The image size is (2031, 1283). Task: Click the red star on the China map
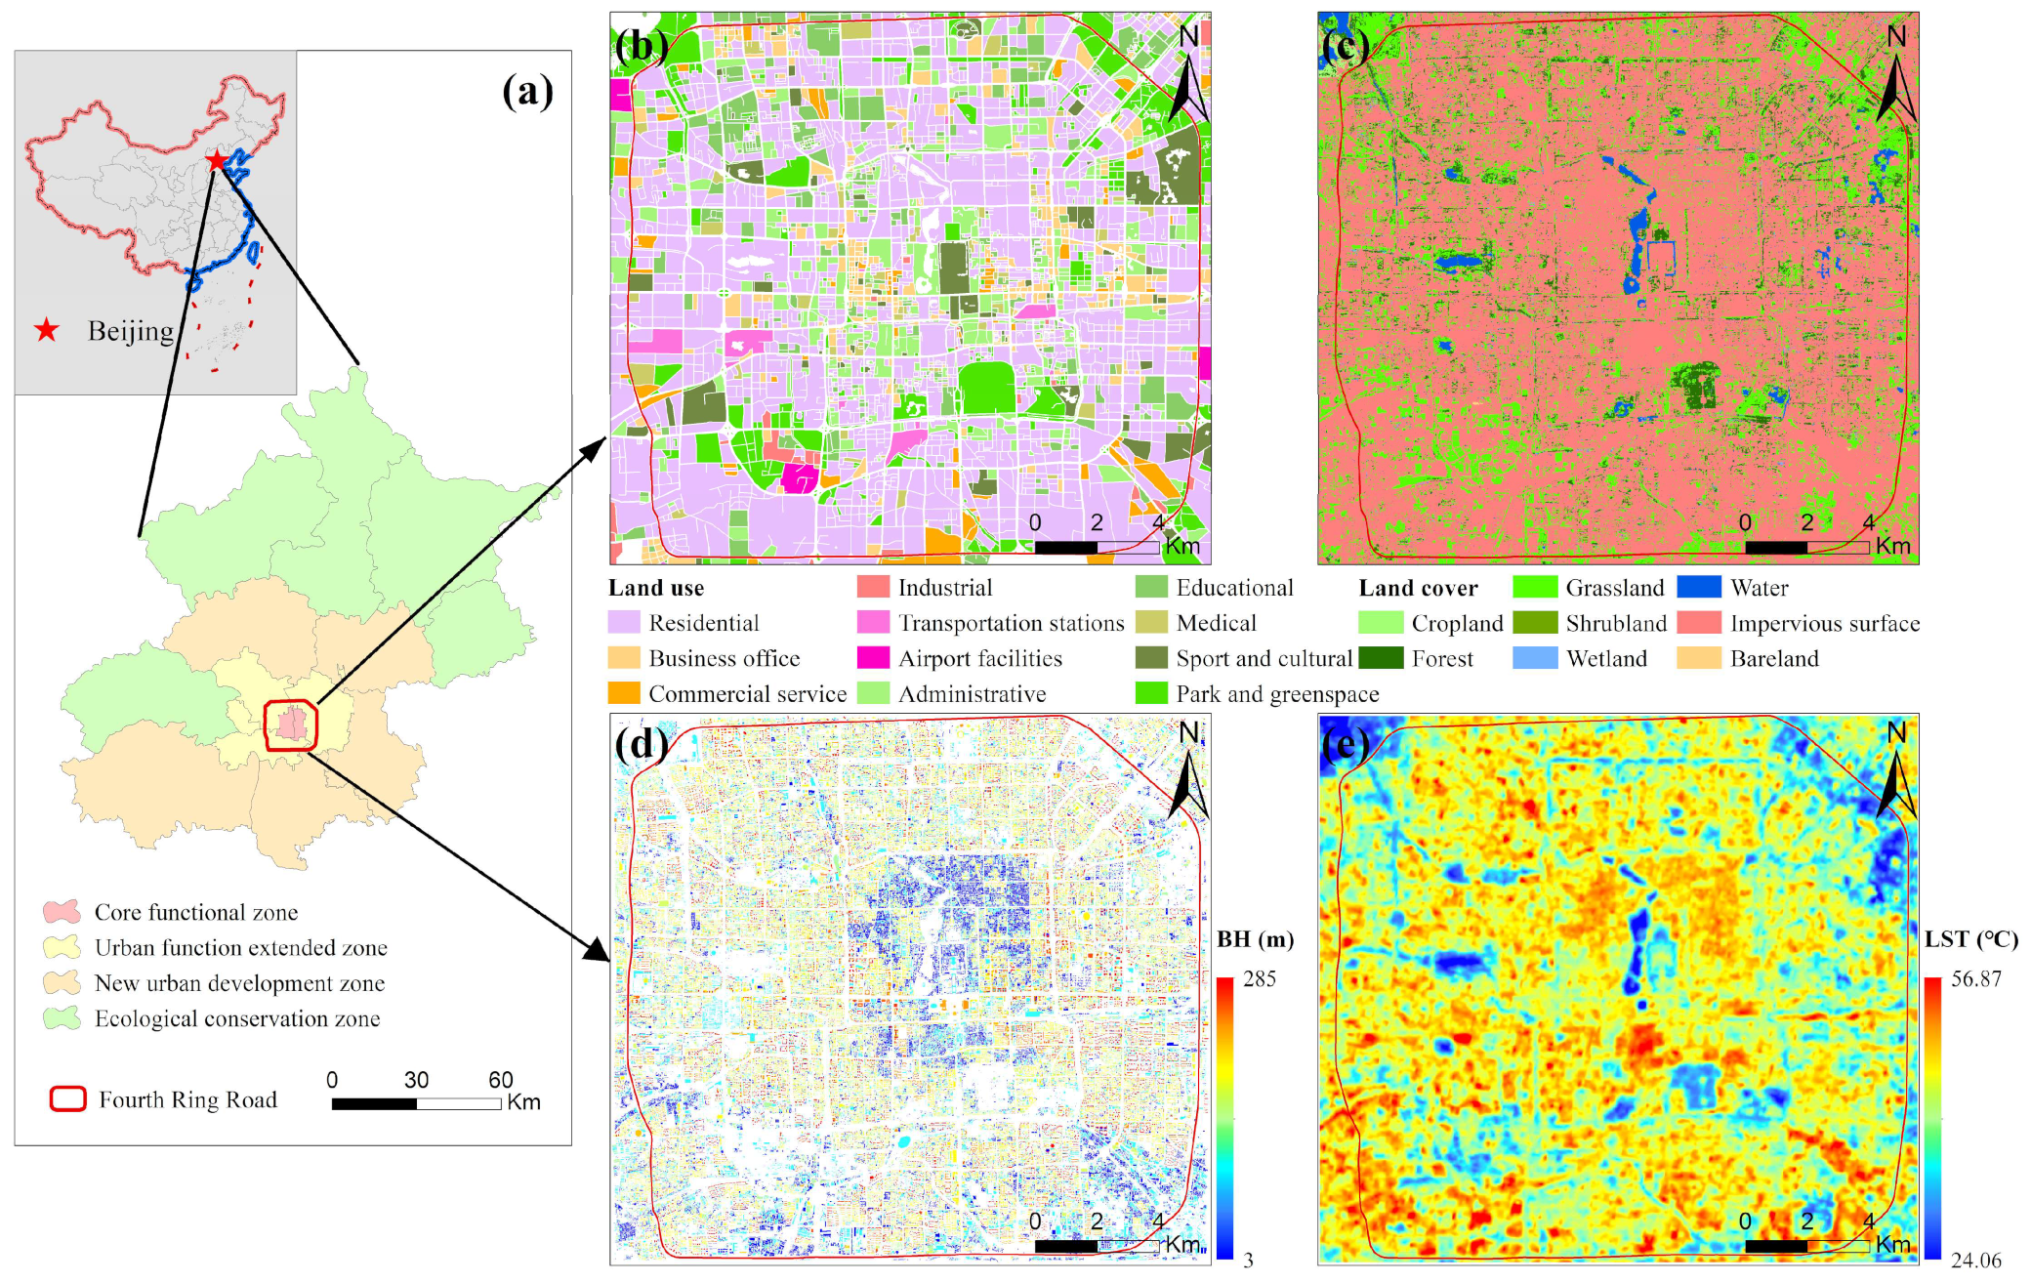(216, 160)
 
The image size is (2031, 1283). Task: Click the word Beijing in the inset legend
(131, 331)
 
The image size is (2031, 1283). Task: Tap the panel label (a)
(527, 92)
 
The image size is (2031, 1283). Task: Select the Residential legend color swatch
(624, 623)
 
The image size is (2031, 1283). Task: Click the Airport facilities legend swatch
(873, 658)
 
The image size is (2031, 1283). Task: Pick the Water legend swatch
(1698, 588)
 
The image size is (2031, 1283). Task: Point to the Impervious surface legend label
(1824, 623)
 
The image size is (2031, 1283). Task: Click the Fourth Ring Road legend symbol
(68, 1099)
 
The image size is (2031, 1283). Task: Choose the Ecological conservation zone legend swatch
(62, 1018)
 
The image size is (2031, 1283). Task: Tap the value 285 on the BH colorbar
(1260, 978)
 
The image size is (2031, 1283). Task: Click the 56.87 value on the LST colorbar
(1975, 978)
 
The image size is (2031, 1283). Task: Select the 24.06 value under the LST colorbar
(1975, 1261)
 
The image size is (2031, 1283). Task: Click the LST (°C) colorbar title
(1970, 939)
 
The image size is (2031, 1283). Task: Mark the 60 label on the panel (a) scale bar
(501, 1080)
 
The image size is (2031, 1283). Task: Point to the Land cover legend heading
(1418, 588)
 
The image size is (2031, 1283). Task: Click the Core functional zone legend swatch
(62, 912)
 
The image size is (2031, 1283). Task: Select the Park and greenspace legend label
(1277, 694)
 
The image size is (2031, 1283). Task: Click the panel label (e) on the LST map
(1347, 745)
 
